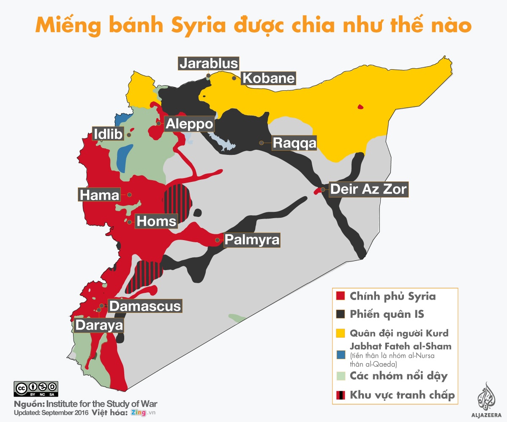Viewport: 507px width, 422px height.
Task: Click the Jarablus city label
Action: pos(209,63)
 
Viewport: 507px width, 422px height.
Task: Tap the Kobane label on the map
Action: pos(268,78)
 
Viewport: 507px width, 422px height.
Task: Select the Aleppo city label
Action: pos(190,124)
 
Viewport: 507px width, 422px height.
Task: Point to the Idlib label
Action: pos(108,134)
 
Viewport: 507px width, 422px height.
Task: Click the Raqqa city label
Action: pos(294,143)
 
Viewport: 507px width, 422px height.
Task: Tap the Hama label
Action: pos(100,195)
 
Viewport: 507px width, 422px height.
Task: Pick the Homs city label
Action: pos(156,221)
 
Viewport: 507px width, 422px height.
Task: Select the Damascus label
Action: pos(145,306)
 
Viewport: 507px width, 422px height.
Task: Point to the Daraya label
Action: pos(99,325)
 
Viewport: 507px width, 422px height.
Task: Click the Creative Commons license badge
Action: pos(36,389)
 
